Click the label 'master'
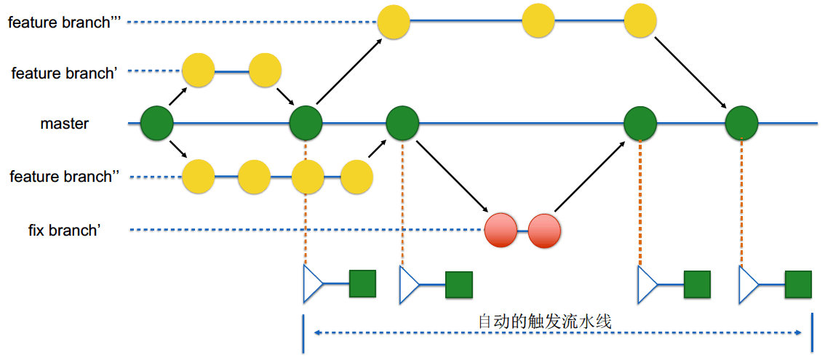point(64,124)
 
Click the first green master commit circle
point(156,123)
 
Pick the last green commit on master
point(741,123)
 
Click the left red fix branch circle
point(501,231)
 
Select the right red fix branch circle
point(544,231)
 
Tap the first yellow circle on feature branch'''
point(394,21)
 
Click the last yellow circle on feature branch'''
point(640,21)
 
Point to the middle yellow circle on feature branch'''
point(538,21)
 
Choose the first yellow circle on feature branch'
point(198,71)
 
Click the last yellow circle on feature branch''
point(356,177)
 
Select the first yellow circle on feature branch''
point(198,177)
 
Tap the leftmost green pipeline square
point(362,284)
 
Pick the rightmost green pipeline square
point(798,284)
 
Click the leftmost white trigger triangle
point(313,284)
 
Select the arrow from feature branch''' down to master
point(691,72)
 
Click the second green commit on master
point(306,123)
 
